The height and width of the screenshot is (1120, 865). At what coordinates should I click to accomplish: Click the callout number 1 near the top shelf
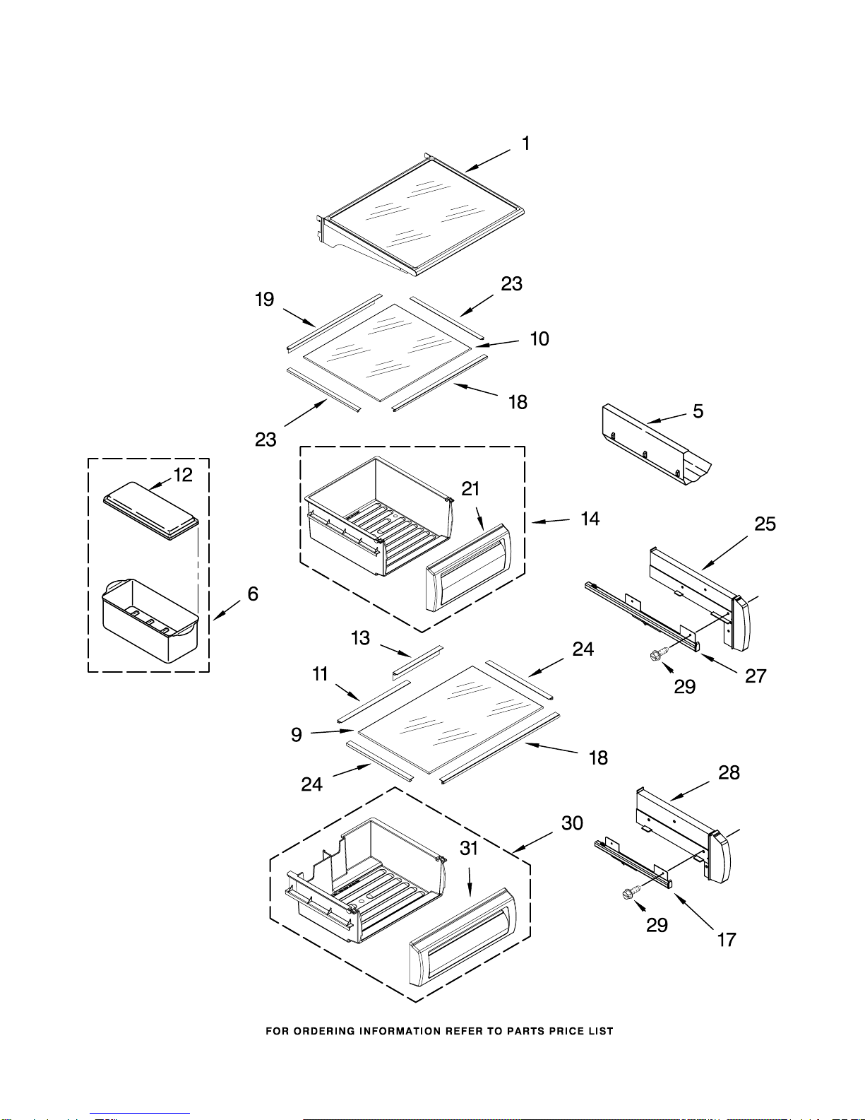pyautogui.click(x=525, y=143)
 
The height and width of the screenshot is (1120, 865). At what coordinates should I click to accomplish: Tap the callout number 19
pyautogui.click(x=265, y=300)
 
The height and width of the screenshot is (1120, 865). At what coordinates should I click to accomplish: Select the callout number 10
pyautogui.click(x=539, y=338)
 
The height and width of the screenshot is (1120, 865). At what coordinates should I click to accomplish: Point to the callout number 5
pyautogui.click(x=698, y=411)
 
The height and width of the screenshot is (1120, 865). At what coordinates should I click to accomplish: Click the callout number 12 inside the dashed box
pyautogui.click(x=183, y=475)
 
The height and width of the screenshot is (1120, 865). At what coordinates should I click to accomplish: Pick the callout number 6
pyautogui.click(x=253, y=594)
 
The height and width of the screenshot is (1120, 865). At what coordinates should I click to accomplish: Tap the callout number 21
pyautogui.click(x=470, y=488)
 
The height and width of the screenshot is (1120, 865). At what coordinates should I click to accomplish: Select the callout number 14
pyautogui.click(x=590, y=519)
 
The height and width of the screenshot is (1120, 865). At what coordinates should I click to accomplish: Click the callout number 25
pyautogui.click(x=765, y=524)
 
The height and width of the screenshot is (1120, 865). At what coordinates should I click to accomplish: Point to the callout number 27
pyautogui.click(x=756, y=676)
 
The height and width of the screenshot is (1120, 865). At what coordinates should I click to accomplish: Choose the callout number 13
pyautogui.click(x=360, y=638)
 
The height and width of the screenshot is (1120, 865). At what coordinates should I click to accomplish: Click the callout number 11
pyautogui.click(x=320, y=673)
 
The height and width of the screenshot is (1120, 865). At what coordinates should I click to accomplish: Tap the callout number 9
pyautogui.click(x=296, y=734)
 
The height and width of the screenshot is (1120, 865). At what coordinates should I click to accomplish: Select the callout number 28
pyautogui.click(x=729, y=772)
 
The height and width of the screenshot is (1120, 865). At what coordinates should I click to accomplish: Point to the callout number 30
pyautogui.click(x=572, y=823)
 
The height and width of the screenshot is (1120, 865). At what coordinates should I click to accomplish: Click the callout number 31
pyautogui.click(x=469, y=848)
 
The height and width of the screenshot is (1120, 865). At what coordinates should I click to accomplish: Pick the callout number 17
pyautogui.click(x=727, y=940)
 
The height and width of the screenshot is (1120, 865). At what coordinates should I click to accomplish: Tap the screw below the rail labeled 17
pyautogui.click(x=631, y=893)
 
